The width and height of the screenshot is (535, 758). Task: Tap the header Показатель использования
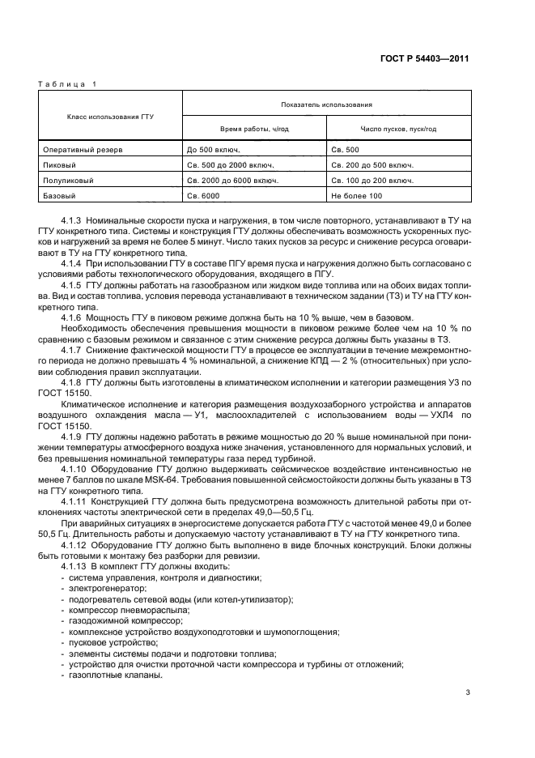326,104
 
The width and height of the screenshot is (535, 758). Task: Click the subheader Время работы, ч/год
254,129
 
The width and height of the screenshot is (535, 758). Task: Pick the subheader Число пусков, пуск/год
398,129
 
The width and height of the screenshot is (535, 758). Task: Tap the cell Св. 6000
203,196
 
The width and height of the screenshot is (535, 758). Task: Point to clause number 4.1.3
72,220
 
